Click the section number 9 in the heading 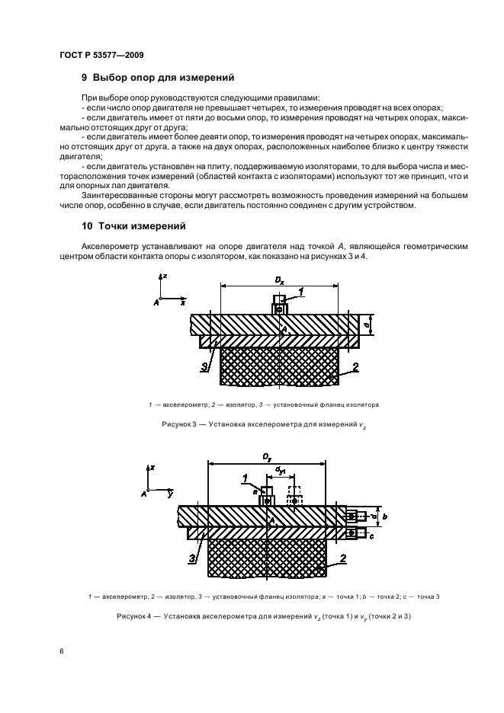[85, 78]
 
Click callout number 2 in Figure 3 [355, 367]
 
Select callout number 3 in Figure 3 [205, 366]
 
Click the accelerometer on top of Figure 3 [281, 306]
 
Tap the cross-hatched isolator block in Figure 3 [279, 366]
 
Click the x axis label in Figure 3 [183, 302]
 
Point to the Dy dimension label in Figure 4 [267, 456]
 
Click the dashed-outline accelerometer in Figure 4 [294, 496]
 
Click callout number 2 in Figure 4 [342, 558]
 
